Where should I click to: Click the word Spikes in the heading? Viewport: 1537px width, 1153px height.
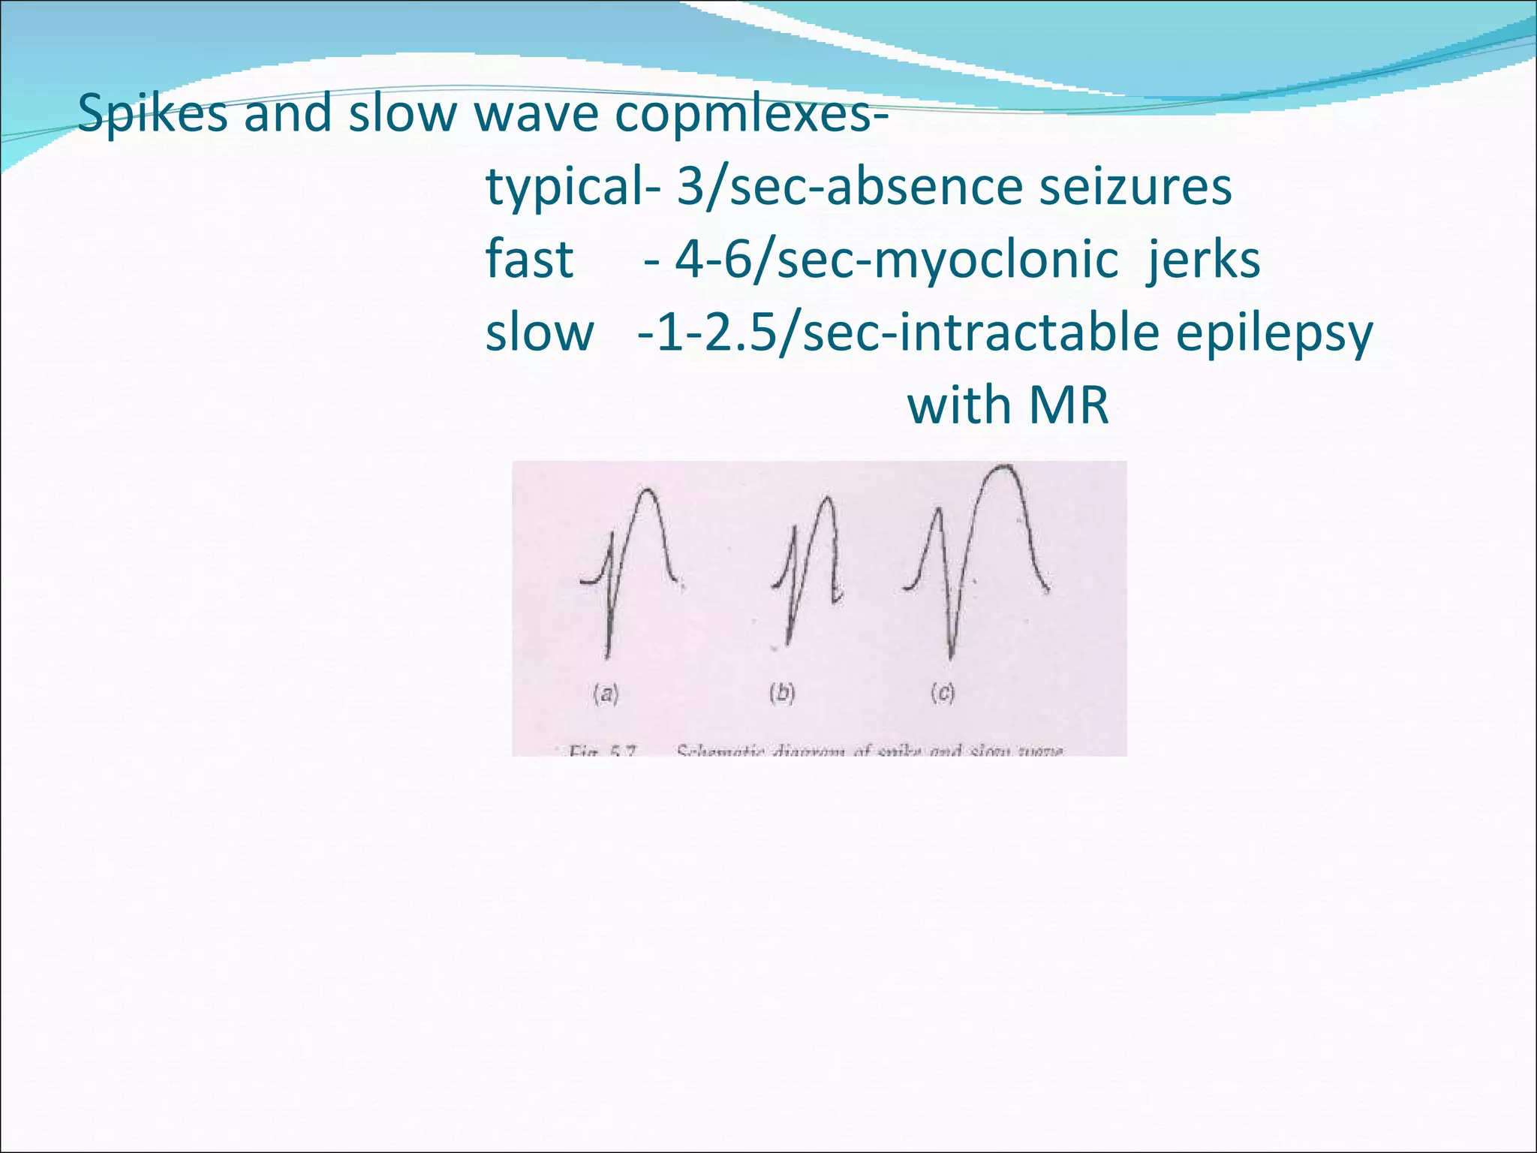[x=152, y=114]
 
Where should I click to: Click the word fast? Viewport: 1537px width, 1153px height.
[x=529, y=260]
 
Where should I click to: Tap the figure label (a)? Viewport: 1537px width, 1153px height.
[x=606, y=694]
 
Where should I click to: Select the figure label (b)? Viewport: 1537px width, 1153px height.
[x=781, y=693]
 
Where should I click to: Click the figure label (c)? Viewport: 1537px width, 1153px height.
[x=943, y=693]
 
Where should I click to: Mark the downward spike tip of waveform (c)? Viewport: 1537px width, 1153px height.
[x=951, y=656]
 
